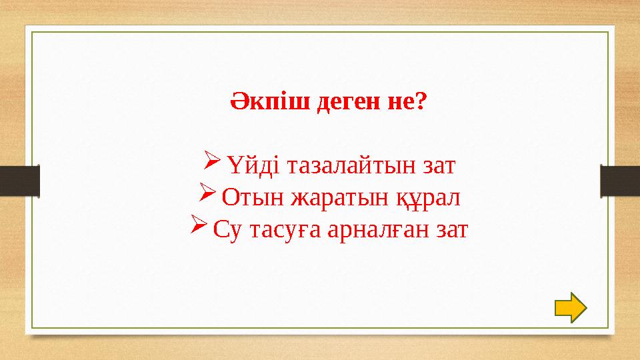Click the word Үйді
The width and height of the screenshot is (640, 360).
pos(249,164)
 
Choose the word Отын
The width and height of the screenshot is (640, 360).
pos(247,197)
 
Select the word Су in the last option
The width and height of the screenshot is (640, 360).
pos(227,231)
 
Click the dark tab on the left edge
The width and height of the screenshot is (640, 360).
pos(19,181)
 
